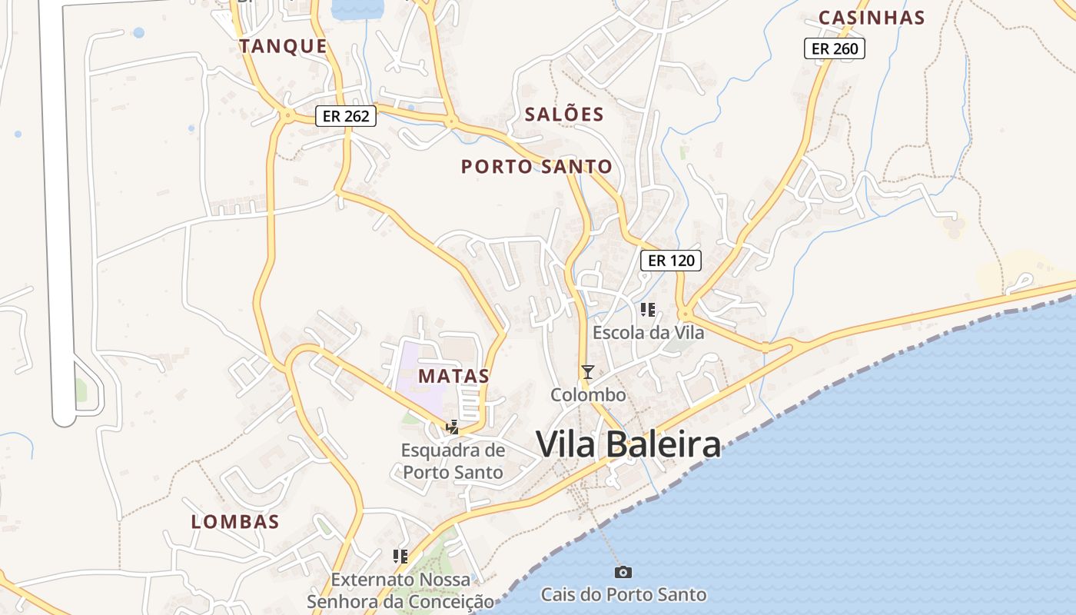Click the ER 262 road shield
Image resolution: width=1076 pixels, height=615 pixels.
point(346,117)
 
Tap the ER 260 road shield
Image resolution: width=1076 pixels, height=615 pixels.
point(835,49)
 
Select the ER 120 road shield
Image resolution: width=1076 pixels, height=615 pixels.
point(671,261)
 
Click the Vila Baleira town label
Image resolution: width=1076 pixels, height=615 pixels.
point(628,444)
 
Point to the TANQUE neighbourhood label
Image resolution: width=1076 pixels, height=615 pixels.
point(284,46)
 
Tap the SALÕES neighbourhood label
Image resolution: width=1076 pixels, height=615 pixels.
point(564,115)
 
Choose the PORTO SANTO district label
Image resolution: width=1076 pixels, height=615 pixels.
point(536,166)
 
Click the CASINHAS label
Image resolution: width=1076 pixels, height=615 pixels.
point(871,18)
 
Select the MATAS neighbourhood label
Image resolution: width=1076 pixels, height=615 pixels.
point(453,376)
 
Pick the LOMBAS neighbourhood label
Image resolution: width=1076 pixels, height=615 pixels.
point(235,521)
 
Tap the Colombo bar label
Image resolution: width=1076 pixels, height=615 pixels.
point(588,395)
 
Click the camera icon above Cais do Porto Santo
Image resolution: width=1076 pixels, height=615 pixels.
point(623,572)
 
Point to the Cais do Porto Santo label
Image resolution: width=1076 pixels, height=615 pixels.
point(623,594)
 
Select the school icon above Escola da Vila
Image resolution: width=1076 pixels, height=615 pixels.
point(648,310)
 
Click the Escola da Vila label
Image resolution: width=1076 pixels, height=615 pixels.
point(648,333)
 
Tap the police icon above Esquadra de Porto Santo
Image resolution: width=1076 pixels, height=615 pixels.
point(453,427)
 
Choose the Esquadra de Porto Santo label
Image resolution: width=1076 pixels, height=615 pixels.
point(453,460)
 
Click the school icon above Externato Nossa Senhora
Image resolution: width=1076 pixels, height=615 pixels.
point(400,556)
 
